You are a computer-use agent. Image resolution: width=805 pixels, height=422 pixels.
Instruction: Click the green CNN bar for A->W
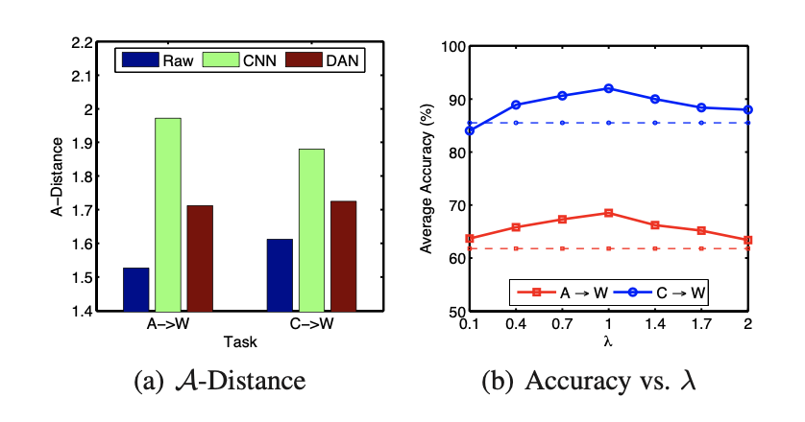pyautogui.click(x=168, y=214)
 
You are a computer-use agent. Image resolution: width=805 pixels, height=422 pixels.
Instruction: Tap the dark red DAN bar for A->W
pyautogui.click(x=200, y=257)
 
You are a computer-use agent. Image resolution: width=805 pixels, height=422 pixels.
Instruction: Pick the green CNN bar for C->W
pyautogui.click(x=311, y=229)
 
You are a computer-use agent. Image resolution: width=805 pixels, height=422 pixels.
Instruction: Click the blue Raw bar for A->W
pyautogui.click(x=136, y=289)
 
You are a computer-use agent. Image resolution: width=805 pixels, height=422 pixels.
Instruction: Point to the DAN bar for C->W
pyautogui.click(x=343, y=255)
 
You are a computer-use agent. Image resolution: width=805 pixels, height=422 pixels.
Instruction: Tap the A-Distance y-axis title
pyautogui.click(x=59, y=177)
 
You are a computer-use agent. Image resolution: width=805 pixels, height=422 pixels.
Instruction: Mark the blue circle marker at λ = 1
pyautogui.click(x=608, y=88)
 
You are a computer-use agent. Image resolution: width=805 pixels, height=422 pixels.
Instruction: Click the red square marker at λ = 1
pyautogui.click(x=608, y=213)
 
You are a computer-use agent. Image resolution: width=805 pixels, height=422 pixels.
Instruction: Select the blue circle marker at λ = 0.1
pyautogui.click(x=469, y=130)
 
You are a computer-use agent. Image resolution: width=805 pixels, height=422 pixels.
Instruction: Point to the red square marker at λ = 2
pyautogui.click(x=747, y=240)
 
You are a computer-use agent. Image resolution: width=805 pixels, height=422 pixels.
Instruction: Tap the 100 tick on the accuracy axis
pyautogui.click(x=450, y=47)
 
